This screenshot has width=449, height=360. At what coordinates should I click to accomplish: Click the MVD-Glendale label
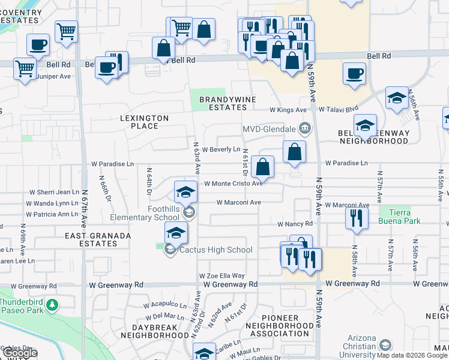click(268, 129)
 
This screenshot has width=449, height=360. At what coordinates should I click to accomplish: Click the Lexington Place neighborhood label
click(148, 122)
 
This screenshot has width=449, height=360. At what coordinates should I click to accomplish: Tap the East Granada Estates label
click(98, 240)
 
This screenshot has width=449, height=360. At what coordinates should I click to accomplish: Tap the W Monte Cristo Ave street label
click(233, 184)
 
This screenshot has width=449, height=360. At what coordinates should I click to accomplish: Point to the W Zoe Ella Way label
click(222, 275)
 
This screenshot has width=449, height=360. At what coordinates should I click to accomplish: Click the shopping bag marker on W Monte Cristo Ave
click(263, 167)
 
